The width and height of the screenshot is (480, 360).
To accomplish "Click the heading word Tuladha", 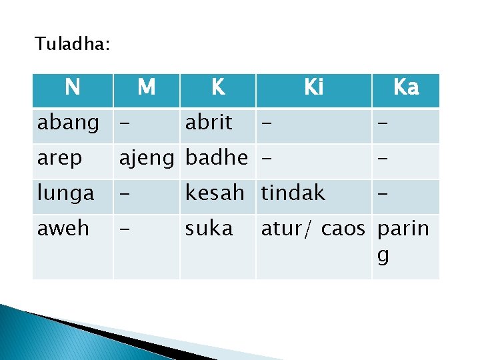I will click(72, 45).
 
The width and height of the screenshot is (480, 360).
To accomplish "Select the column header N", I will click(73, 87).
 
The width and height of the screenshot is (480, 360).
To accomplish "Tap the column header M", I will click(146, 87).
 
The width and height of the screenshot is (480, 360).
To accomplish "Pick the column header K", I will click(217, 87).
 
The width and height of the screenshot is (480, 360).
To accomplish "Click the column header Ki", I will click(313, 87).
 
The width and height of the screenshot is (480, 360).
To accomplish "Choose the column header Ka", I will click(405, 87).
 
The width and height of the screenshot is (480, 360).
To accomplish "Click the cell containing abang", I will click(68, 123).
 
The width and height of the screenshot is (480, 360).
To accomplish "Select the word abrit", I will click(209, 123).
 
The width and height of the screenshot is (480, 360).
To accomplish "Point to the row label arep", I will click(60, 159).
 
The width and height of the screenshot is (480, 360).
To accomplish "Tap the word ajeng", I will click(148, 159).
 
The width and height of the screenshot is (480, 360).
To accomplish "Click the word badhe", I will click(217, 159).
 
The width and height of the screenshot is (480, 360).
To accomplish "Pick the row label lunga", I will click(66, 194).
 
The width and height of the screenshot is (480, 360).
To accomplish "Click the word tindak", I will click(293, 193).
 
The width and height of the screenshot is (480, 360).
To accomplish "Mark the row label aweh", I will click(63, 229).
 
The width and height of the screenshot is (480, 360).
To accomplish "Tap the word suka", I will click(209, 229).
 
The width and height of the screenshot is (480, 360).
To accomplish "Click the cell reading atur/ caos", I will click(313, 229).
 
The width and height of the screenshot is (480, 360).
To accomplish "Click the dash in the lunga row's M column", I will click(123, 194).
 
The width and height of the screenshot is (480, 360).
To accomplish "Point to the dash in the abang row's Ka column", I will click(382, 123).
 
